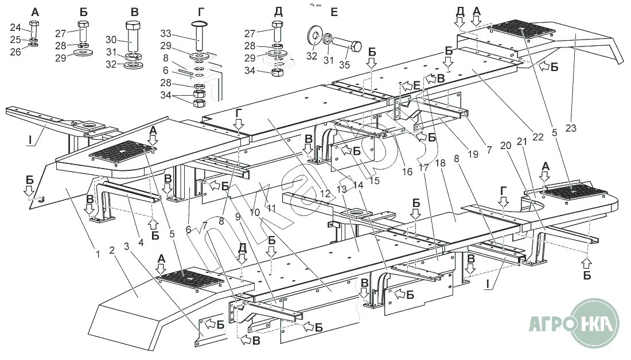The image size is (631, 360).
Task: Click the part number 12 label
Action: (x=325, y=194)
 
